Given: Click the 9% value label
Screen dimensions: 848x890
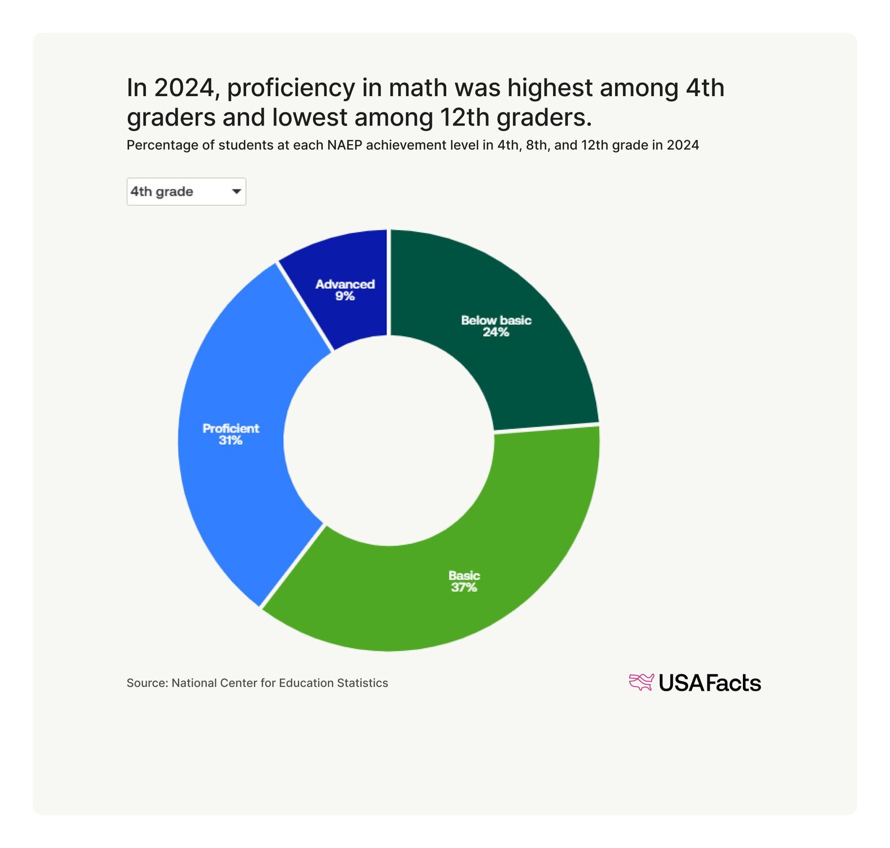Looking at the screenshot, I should pos(344,296).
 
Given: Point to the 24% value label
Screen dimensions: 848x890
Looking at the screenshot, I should pos(496,332).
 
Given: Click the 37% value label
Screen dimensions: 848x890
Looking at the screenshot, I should pos(464,587).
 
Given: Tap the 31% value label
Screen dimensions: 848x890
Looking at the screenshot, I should pos(230,440).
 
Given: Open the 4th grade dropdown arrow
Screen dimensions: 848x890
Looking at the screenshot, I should pos(236,192).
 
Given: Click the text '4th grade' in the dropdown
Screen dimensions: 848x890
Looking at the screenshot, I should pos(162,192).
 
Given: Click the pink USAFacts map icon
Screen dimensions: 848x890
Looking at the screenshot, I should pos(641,682).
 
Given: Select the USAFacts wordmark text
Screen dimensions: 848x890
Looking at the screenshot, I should pos(710,683).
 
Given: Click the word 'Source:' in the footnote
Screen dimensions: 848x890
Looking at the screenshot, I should pos(147,683).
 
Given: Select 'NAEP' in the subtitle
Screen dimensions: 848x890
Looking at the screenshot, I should pos(345,145).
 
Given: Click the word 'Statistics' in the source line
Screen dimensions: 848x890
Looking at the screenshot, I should pos(362,683).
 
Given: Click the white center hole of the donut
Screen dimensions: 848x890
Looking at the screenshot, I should pos(389,440).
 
